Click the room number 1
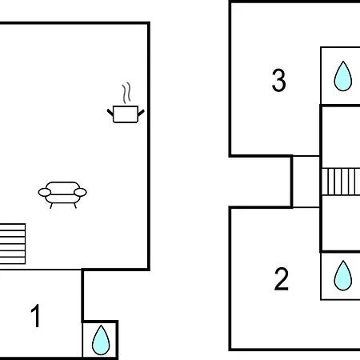coord(35,316)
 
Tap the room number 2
coord(282,279)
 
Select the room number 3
coord(278,80)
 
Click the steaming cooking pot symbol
coord(126,103)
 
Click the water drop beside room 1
coord(101,341)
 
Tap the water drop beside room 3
coord(343,77)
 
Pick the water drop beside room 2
coord(343,276)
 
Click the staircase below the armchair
coord(13,244)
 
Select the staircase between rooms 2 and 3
coord(341,182)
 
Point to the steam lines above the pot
coord(127,93)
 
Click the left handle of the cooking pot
coord(110,112)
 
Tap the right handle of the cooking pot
coord(141,113)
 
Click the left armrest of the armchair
coord(45,192)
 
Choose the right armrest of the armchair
coord(80,192)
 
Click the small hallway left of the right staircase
coord(306,182)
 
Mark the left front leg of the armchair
coord(51,206)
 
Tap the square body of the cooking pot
coord(126,114)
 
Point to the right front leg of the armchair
coord(75,206)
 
